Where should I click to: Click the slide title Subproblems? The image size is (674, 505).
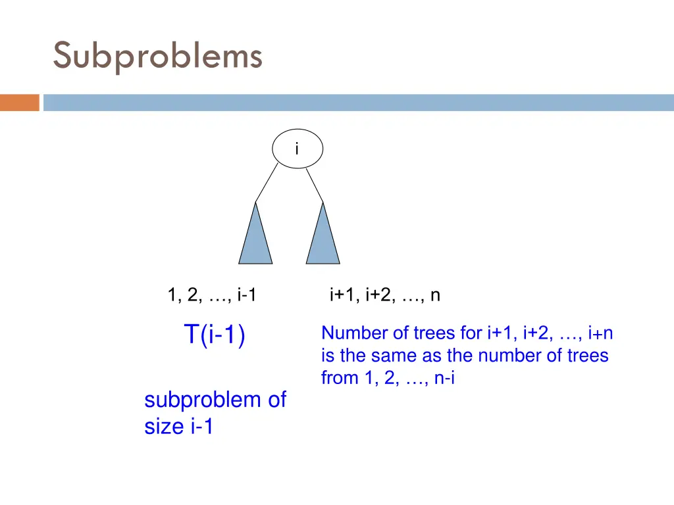[x=158, y=55]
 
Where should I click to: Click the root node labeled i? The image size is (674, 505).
[x=298, y=149]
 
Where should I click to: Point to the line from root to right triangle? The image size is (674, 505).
[x=315, y=183]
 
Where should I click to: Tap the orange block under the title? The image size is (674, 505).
[x=20, y=103]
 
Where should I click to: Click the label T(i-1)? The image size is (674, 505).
[x=215, y=335]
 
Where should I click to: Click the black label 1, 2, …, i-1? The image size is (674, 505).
[x=212, y=296]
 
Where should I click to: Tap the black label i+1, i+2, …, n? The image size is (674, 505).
[x=385, y=296]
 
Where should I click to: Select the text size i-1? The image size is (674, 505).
[x=179, y=427]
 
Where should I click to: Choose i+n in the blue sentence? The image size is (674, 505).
[x=600, y=333]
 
